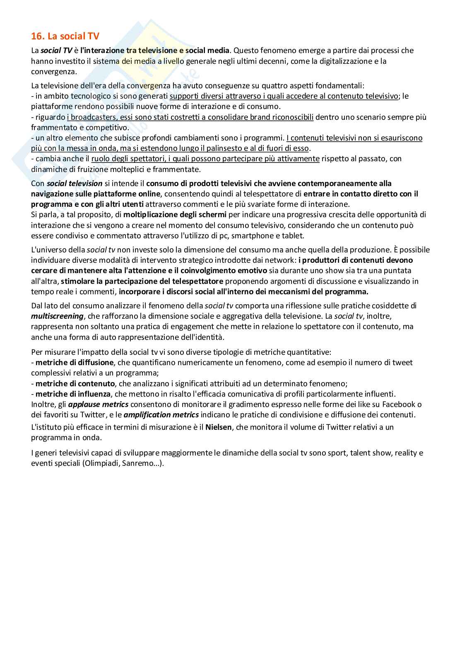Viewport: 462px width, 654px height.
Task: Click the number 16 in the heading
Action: pyautogui.click(x=37, y=36)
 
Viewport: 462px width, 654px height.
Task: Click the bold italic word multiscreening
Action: pyautogui.click(x=57, y=316)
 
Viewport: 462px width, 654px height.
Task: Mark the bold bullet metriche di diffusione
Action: pyautogui.click(x=75, y=363)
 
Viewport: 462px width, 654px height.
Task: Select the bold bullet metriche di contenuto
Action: pyautogui.click(x=75, y=384)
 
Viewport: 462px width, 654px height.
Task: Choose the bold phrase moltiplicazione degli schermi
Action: pyautogui.click(x=175, y=215)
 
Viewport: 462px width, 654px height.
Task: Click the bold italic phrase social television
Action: pyautogui.click(x=75, y=183)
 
